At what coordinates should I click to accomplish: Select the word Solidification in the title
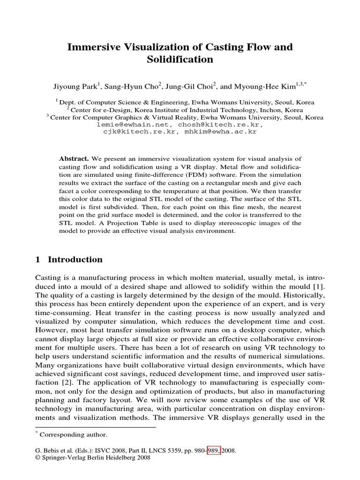tap(180, 60)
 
